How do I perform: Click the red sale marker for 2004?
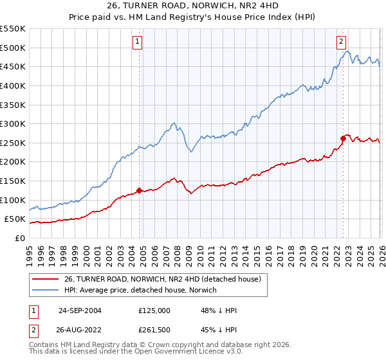coord(139,190)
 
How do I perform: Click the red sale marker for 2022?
coord(343,138)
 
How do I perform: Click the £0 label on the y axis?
coord(19,238)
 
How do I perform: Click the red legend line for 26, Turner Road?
coord(45,280)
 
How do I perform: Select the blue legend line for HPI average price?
coord(45,291)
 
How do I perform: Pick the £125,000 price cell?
coord(154,310)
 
